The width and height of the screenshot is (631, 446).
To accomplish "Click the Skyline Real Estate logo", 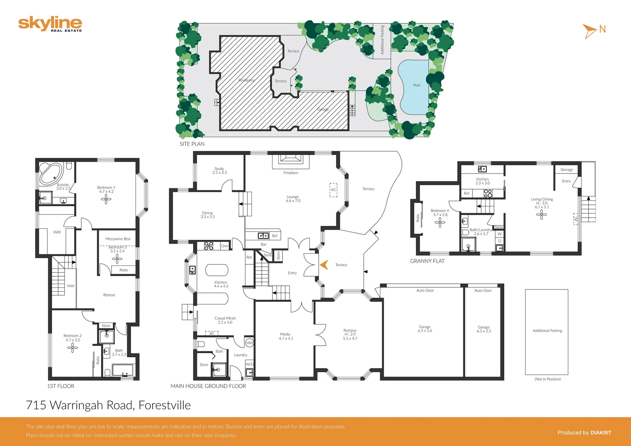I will coord(50,24).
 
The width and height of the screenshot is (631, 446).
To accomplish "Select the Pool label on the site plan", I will coord(417,85).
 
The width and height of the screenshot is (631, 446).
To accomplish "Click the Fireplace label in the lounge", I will coord(291,173).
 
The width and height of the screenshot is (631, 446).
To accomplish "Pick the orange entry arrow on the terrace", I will coord(324,265).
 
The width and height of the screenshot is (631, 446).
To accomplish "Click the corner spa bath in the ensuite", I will coord(51,173).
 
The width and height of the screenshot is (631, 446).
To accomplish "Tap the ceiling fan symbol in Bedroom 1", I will coord(106,199).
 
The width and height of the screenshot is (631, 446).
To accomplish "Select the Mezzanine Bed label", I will coord(118,239).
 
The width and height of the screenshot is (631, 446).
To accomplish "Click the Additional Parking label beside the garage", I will coord(547,330).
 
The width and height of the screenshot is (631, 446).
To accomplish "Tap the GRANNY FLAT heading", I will coord(427,261).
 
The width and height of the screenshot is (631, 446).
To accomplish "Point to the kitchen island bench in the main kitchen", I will coord(217,270).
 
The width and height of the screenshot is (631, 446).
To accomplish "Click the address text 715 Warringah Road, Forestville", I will coord(108,405).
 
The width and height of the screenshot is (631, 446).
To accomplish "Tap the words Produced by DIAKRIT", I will coord(584,432).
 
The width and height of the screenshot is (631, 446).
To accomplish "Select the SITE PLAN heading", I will coord(192,144).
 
